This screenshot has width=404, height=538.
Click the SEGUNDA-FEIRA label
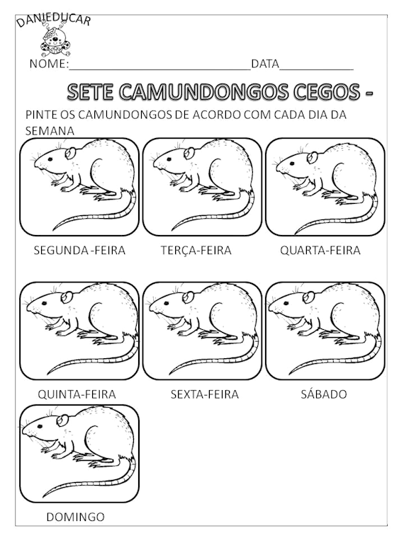coord(79,250)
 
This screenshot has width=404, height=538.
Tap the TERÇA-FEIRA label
coord(196,250)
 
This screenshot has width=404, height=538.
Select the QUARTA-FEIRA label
coord(320,250)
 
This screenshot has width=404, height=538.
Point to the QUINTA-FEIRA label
coord(77,394)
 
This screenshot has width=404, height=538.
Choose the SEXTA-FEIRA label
coord(205,394)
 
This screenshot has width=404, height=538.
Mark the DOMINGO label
coord(75,517)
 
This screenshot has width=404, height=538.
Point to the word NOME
coord(48,64)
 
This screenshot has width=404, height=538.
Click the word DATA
coord(265,64)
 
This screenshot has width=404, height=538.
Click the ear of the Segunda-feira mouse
coord(69,152)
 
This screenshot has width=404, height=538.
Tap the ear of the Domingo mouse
coord(62,420)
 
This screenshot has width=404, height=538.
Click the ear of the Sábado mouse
coord(309,297)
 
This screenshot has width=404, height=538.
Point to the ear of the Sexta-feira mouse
coord(187,297)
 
